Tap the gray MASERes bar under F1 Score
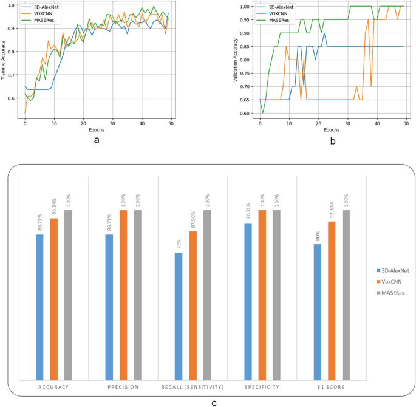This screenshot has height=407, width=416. point(346,295)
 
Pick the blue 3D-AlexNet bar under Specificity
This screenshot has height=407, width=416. point(248,301)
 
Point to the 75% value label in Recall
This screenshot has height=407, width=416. point(179,245)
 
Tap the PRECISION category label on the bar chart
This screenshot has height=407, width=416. point(123,386)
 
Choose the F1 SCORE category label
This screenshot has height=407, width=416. point(332,386)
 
